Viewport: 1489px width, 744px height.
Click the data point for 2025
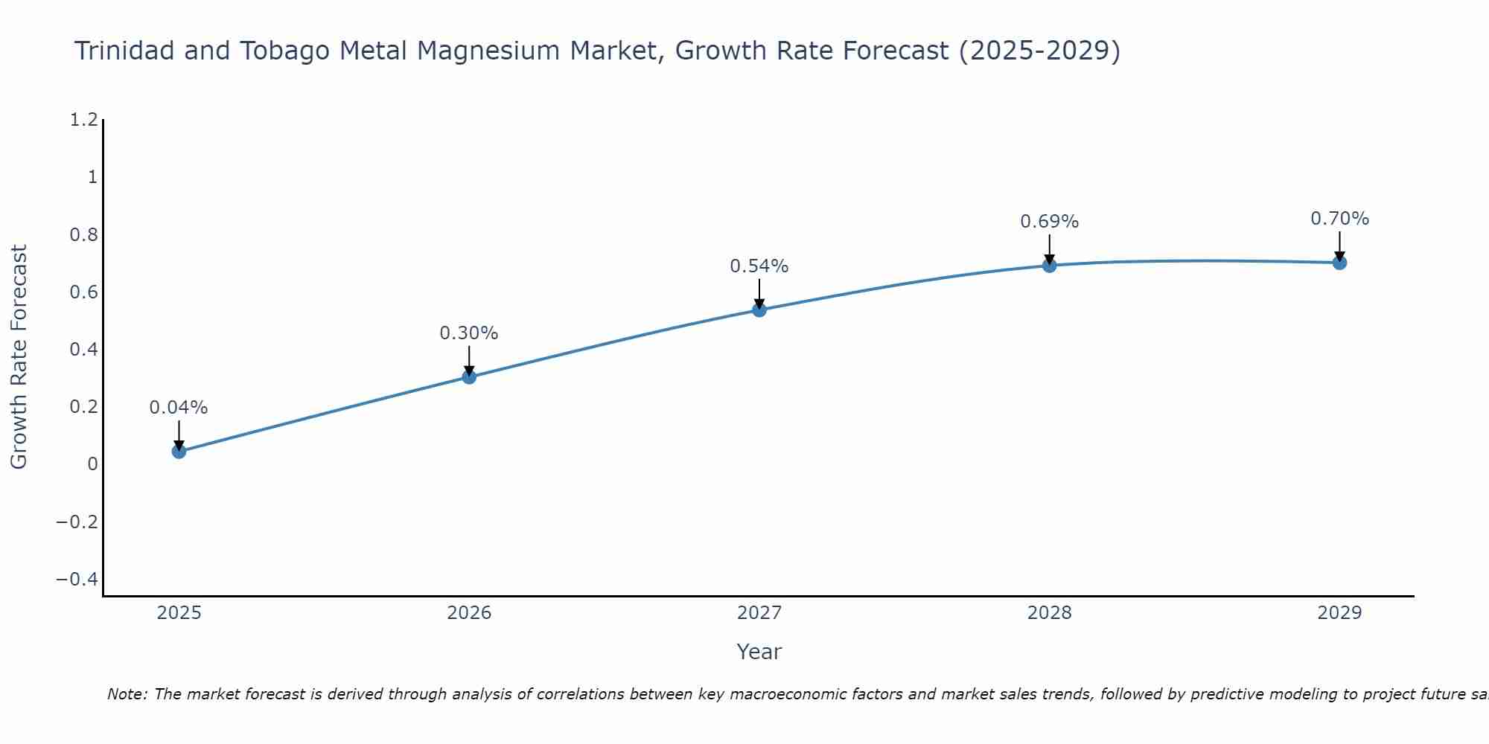tap(179, 451)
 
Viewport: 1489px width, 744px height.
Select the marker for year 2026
tap(469, 377)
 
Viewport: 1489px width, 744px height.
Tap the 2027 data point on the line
tap(759, 310)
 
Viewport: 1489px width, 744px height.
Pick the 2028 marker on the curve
tap(1049, 266)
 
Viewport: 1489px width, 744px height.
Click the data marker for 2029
tap(1339, 263)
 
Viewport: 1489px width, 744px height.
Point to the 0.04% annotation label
tap(179, 408)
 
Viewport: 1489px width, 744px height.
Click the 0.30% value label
tap(469, 333)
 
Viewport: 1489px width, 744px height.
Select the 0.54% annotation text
tap(759, 266)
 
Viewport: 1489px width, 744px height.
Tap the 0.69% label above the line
tap(1049, 222)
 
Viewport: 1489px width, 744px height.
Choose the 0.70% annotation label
tap(1339, 219)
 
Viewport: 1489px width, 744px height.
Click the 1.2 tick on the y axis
tap(83, 120)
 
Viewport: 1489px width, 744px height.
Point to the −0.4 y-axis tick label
tap(77, 579)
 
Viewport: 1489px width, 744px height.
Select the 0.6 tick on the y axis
tap(83, 292)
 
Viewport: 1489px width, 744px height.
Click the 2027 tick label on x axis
tap(759, 613)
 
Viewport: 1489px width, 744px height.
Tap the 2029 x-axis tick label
tap(1339, 613)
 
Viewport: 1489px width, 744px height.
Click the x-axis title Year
tap(759, 652)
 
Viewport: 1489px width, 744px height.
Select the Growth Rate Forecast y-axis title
tap(19, 357)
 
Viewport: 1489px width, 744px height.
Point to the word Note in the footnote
tap(127, 694)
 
